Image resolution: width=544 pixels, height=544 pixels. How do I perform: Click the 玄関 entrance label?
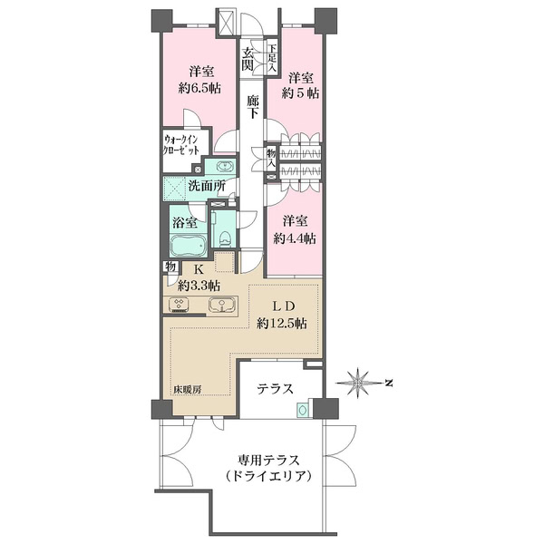(248, 59)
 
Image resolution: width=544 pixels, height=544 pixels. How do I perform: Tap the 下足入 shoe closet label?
(272, 57)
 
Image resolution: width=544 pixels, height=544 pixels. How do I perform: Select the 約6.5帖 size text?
(199, 89)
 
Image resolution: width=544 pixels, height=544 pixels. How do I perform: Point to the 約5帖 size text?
(300, 93)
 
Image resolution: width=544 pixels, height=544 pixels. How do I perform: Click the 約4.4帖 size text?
(295, 238)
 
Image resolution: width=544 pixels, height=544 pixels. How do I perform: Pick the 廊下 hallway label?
(253, 107)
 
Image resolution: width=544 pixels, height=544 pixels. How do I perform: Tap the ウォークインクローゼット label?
(181, 145)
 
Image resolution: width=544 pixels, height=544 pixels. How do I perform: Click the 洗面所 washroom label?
(207, 186)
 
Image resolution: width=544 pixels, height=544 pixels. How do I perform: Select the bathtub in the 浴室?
(188, 246)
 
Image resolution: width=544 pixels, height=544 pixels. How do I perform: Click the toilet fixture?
(225, 238)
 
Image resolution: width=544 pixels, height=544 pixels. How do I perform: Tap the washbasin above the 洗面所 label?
(225, 166)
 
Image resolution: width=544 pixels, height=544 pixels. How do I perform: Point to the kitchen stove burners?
(179, 305)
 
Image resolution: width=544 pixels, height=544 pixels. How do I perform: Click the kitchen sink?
(221, 306)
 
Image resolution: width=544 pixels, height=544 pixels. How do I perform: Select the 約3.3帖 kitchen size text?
(199, 286)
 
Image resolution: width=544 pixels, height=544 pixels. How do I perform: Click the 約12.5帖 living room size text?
(282, 324)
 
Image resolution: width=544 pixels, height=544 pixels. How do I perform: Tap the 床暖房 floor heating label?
(187, 390)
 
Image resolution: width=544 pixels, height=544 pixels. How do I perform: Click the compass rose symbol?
(357, 383)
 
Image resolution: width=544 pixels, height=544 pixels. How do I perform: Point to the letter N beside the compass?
(389, 383)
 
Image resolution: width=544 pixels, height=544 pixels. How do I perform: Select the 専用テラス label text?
(268, 461)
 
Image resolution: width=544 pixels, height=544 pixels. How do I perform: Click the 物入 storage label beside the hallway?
(271, 158)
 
